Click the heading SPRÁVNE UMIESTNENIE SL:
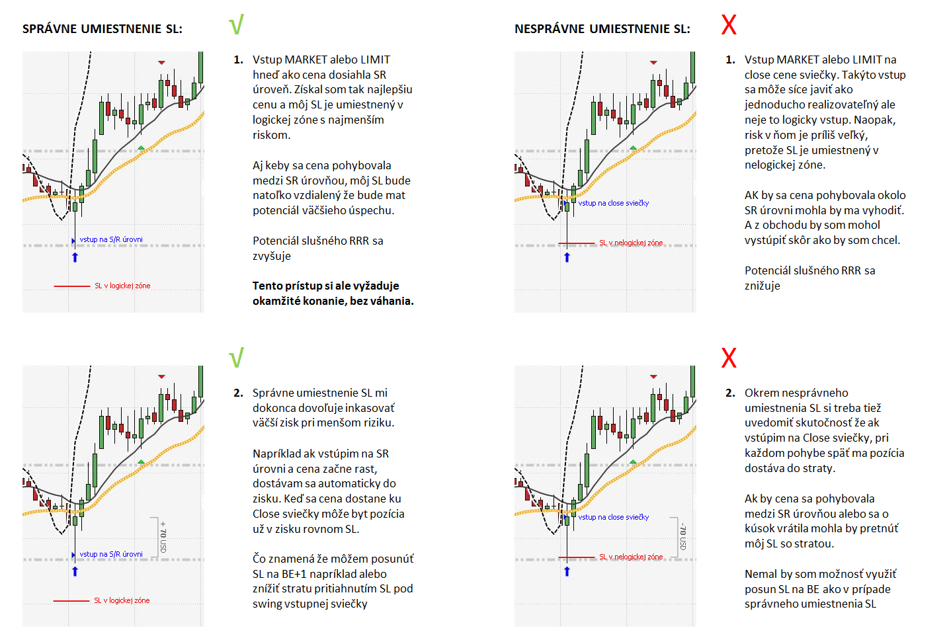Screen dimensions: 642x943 (102, 29)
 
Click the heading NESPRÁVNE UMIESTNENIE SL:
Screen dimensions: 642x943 (602, 29)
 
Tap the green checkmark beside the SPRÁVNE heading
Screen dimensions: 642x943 (236, 24)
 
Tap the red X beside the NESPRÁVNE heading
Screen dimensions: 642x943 (728, 25)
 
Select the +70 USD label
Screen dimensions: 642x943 (163, 537)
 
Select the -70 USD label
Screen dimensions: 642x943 (683, 537)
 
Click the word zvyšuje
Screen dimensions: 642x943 (271, 256)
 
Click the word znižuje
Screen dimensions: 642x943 (762, 286)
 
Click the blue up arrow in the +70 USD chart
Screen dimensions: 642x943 (75, 571)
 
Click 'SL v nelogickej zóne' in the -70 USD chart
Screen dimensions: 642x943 (630, 557)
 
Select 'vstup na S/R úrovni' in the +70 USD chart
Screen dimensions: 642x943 (110, 554)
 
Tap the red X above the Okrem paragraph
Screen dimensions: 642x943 (728, 358)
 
